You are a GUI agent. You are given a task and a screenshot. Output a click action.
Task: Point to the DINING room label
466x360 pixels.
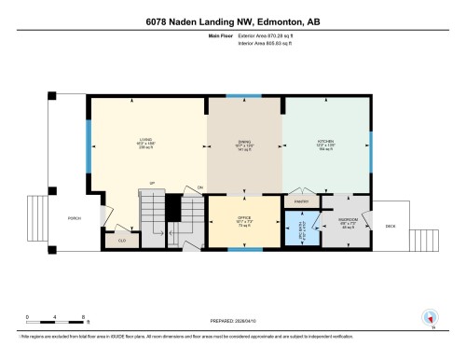coord(244,144)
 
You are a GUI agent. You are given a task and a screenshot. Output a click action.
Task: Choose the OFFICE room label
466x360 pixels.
coord(244,220)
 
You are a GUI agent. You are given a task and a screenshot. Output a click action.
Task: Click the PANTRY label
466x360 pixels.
coord(301,201)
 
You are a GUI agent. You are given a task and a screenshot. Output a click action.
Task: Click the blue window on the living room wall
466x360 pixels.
coord(89,144)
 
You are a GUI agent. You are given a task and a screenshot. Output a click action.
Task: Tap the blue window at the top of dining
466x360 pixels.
coord(244,95)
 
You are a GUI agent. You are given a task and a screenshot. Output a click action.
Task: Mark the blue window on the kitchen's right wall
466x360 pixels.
coord(370,145)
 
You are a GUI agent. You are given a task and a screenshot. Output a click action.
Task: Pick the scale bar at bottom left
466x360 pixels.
coord(56,321)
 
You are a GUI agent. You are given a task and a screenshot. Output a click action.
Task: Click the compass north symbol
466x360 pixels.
coord(430,318)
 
